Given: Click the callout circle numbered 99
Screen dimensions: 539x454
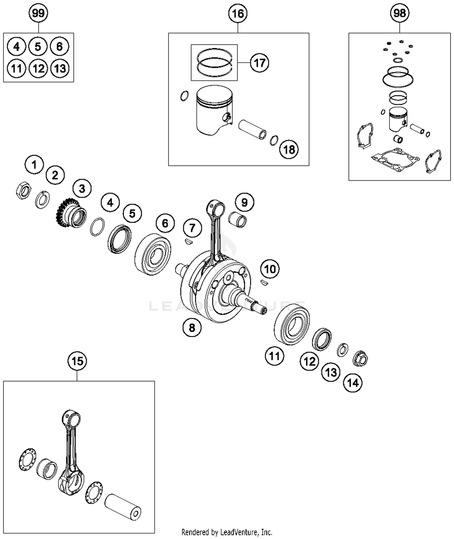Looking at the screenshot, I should pyautogui.click(x=38, y=13).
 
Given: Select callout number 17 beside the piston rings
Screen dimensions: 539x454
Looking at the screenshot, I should pyautogui.click(x=259, y=63).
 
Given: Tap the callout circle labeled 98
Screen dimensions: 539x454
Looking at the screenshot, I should pyautogui.click(x=400, y=13).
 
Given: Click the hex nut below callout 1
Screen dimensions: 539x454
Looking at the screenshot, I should pyautogui.click(x=23, y=191).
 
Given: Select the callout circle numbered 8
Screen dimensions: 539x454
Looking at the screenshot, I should pyautogui.click(x=192, y=327).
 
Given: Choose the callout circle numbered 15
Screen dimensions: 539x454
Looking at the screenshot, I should pyautogui.click(x=77, y=361).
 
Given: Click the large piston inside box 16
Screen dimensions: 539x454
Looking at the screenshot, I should pyautogui.click(x=214, y=110).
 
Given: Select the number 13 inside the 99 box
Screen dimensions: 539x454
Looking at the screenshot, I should pyautogui.click(x=60, y=69).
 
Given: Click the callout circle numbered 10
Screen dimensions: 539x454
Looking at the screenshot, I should pyautogui.click(x=270, y=269).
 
